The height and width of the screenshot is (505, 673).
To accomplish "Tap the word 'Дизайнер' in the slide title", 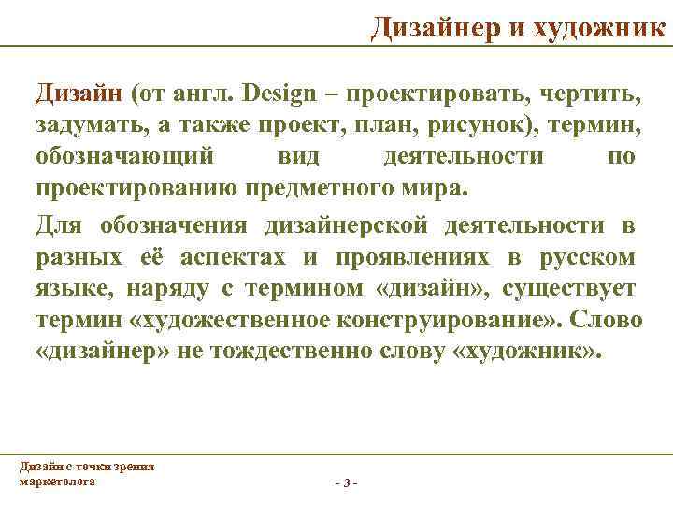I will [x=436, y=27].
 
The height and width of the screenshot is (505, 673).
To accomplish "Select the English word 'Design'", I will [x=285, y=94].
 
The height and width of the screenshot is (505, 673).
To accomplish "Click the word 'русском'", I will [x=586, y=256].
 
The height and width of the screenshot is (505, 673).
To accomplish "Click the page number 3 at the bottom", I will [x=346, y=483].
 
